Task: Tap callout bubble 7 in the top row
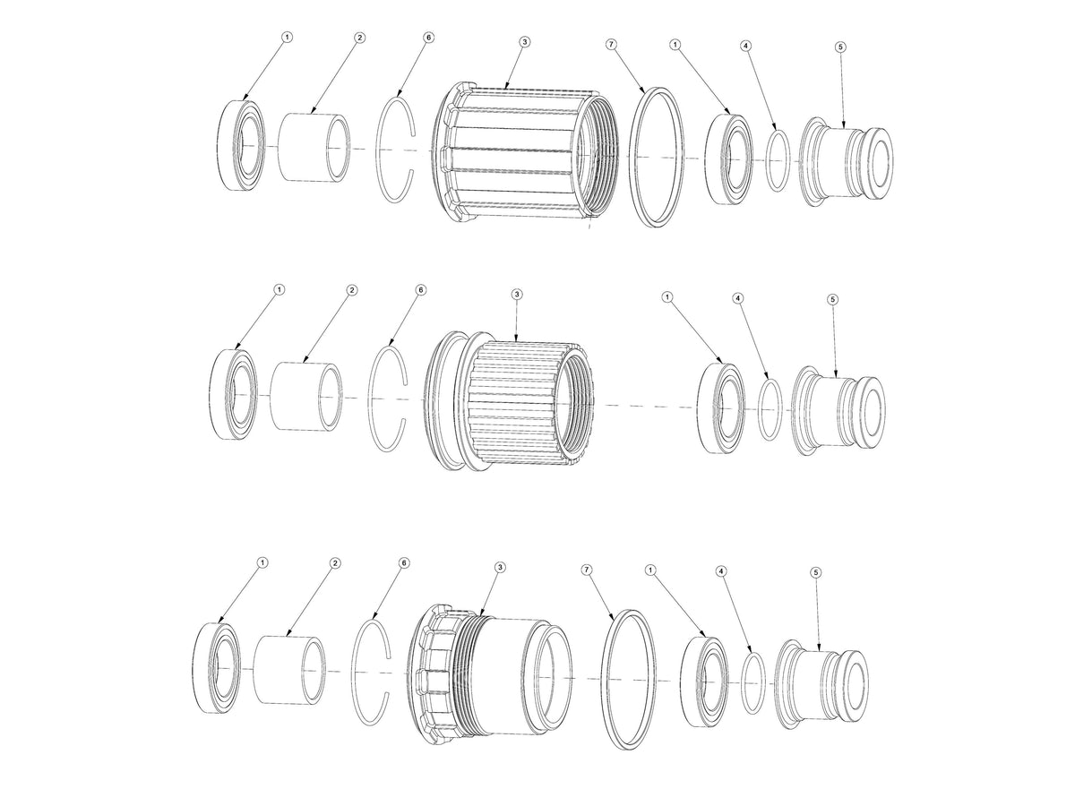pyautogui.click(x=612, y=43)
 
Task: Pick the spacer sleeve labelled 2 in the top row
pyautogui.click(x=314, y=146)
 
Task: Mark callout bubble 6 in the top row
pyautogui.click(x=428, y=39)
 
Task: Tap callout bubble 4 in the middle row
pyautogui.click(x=737, y=297)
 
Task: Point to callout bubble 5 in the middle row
pyautogui.click(x=832, y=299)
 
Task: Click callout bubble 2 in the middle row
pyautogui.click(x=351, y=290)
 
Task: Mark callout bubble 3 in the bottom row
pyautogui.click(x=499, y=567)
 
